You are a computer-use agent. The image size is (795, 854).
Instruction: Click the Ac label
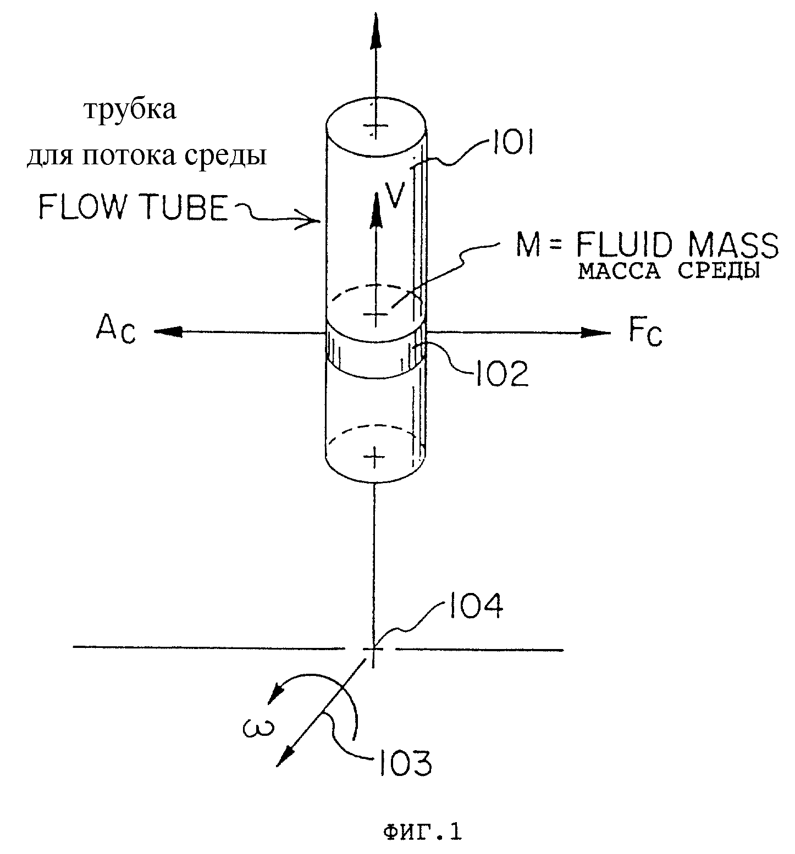pyautogui.click(x=115, y=331)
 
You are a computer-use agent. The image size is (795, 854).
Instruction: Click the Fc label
pyautogui.click(x=645, y=334)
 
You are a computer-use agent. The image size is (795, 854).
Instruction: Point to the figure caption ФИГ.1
pyautogui.click(x=422, y=831)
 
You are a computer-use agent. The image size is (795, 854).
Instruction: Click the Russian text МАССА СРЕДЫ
pyautogui.click(x=669, y=271)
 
